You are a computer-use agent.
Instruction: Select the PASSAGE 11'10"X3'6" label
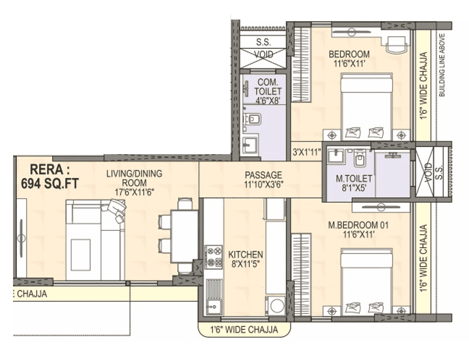(x=263, y=180)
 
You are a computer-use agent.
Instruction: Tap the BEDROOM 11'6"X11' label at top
(x=349, y=59)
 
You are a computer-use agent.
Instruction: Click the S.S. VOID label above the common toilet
(x=264, y=48)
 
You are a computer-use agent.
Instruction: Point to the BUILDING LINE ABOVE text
(x=442, y=65)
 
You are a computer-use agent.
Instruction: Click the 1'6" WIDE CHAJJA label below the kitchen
(x=244, y=330)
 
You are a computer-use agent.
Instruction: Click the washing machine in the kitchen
(x=277, y=306)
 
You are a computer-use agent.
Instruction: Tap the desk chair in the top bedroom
(x=396, y=43)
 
